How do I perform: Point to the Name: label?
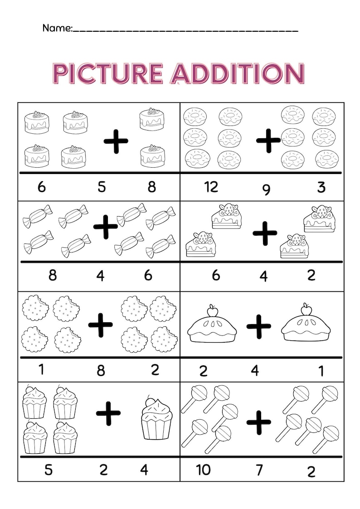(x=57, y=28)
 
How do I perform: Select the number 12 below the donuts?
(x=211, y=187)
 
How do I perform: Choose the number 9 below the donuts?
(x=266, y=189)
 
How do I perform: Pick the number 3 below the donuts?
(x=321, y=187)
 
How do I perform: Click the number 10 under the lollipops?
(x=203, y=470)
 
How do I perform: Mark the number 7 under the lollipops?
(x=259, y=470)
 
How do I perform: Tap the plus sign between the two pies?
(x=259, y=325)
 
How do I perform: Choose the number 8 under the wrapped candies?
(x=53, y=275)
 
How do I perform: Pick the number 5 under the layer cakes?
(x=102, y=187)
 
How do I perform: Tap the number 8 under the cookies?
(x=101, y=371)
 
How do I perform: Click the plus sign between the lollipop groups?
(x=258, y=422)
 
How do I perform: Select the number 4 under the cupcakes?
(x=144, y=470)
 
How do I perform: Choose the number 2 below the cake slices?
(x=311, y=275)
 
